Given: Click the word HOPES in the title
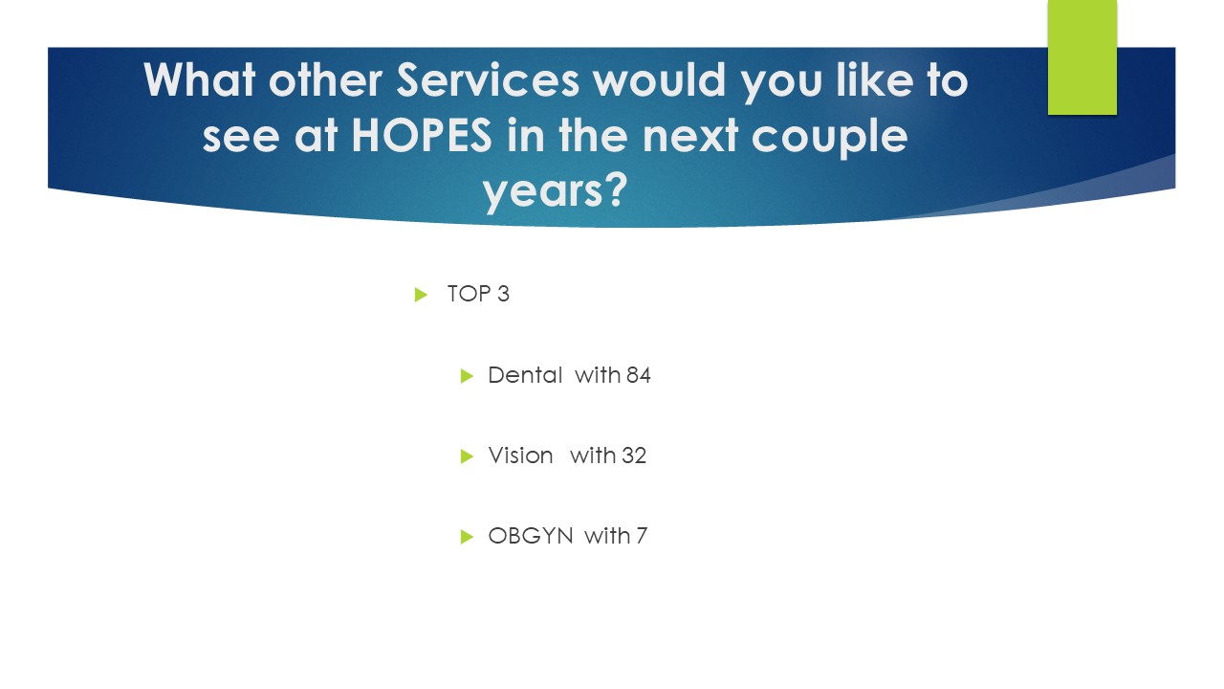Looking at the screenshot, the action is (422, 135).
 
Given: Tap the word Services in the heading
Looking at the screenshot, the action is (488, 80).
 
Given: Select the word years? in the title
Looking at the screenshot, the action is (555, 191).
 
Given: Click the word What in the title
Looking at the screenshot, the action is (200, 80).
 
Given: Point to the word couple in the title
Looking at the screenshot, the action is (829, 138).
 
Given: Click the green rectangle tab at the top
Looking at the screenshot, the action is (1082, 56).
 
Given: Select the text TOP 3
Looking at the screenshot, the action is (478, 294).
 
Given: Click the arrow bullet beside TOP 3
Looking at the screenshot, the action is (421, 295).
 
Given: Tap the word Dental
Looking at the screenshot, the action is (525, 375).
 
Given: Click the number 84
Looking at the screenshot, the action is (638, 375).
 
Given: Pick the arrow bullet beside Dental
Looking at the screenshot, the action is (467, 376).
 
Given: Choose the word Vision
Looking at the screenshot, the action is (520, 456).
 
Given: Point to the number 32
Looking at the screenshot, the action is (634, 456).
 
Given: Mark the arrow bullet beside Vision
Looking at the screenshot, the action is (467, 456).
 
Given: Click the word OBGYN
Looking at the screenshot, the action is (531, 536).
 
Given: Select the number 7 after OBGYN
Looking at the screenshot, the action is (642, 536).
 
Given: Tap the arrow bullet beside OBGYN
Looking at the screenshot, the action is (467, 537).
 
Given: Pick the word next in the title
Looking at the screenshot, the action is (690, 136).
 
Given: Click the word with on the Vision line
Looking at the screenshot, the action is (593, 455).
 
